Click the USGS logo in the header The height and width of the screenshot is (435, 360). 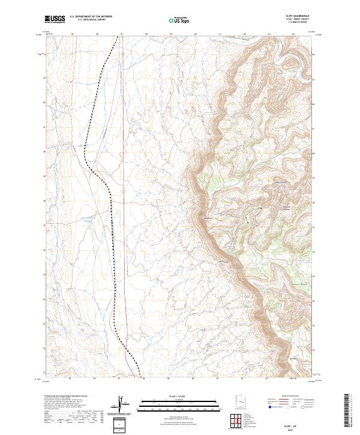click(55, 19)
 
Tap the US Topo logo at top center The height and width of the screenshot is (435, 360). click(179, 20)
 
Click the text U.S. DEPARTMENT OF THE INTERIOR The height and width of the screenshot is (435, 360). click(91, 17)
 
